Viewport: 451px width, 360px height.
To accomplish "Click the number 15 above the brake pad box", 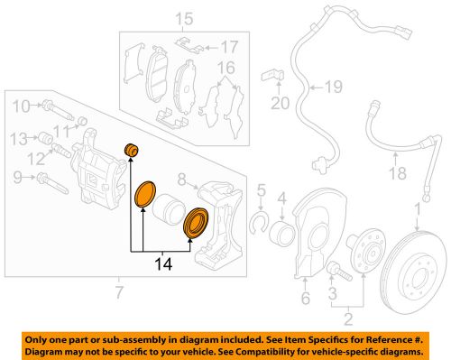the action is [184, 18].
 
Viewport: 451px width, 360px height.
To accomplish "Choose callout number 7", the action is [117, 291].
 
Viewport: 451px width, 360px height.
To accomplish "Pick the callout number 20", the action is [280, 103].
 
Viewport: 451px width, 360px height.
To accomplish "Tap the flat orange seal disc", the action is [144, 195].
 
